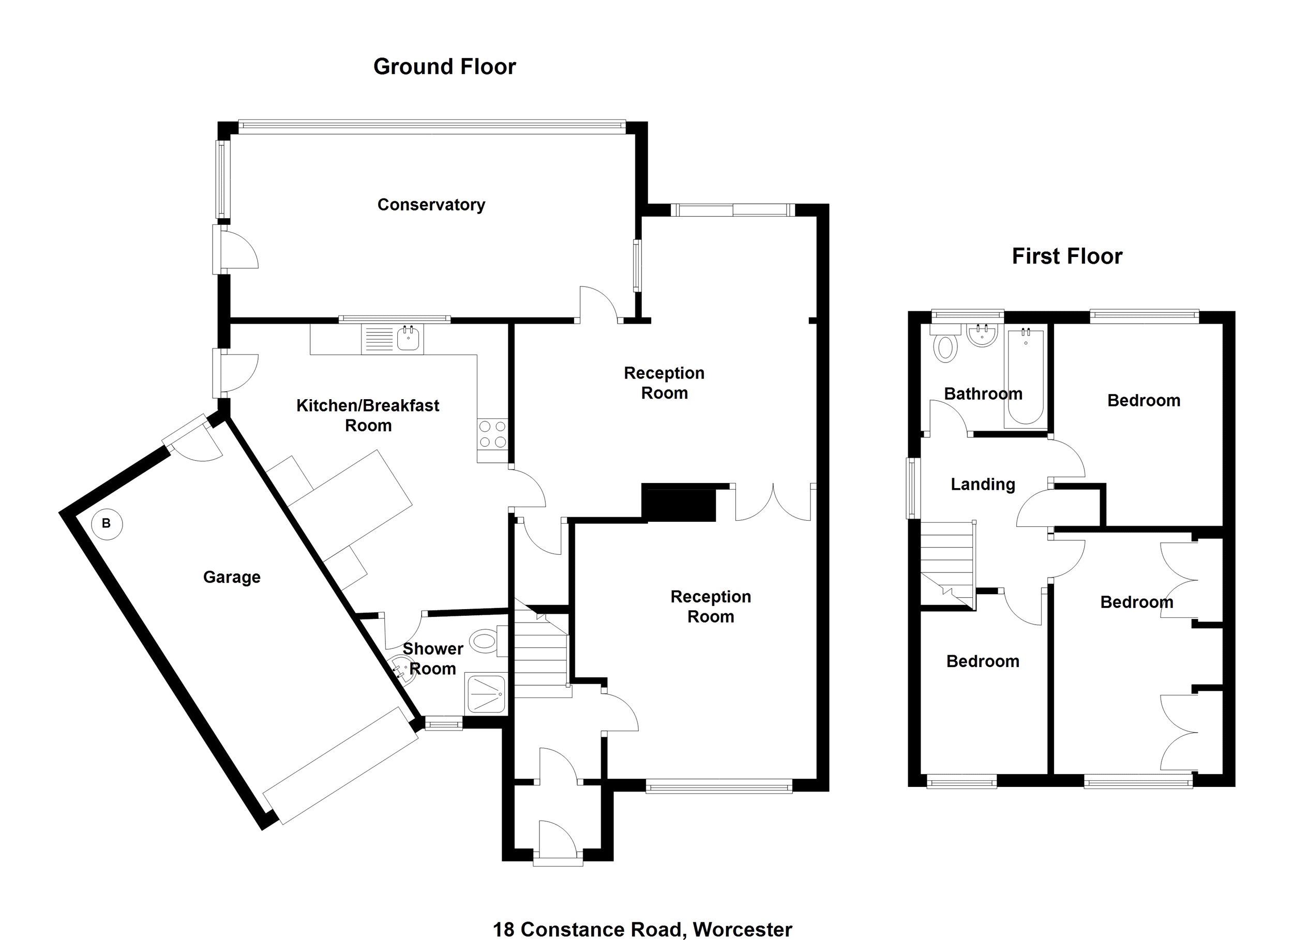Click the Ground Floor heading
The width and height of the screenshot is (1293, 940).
(444, 67)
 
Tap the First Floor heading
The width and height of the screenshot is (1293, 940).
(1066, 256)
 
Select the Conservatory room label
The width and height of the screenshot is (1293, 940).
(431, 205)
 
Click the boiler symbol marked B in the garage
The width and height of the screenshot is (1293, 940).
(107, 523)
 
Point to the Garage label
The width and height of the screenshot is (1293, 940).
(232, 578)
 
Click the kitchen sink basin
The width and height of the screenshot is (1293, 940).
(408, 339)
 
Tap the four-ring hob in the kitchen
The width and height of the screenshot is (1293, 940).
(492, 434)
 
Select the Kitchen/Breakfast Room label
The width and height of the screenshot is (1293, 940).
(368, 416)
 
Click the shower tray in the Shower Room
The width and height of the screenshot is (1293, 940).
(485, 694)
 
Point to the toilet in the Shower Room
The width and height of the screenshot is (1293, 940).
(485, 641)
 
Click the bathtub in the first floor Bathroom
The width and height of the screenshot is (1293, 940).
(1026, 378)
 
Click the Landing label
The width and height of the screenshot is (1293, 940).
(983, 484)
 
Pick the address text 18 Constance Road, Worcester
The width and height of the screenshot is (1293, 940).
(642, 930)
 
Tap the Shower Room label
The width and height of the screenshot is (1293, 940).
(433, 658)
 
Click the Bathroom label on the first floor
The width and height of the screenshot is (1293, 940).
(983, 394)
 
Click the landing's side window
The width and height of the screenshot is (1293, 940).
(913, 489)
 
